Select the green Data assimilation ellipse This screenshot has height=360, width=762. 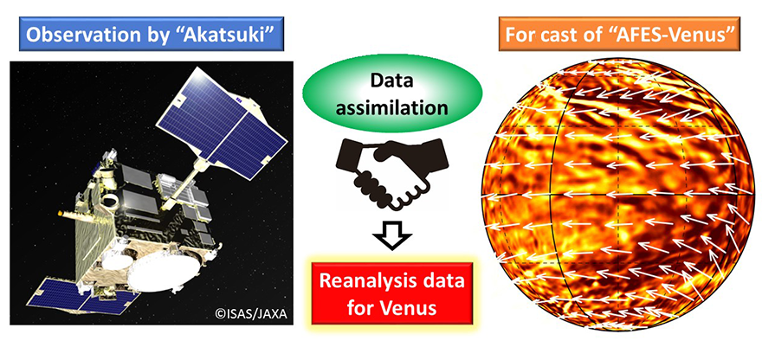coord(392,94)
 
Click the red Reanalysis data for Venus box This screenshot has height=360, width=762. coord(392,293)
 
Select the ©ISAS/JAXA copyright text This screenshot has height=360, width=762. coord(251,314)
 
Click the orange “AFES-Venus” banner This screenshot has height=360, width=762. coord(618,34)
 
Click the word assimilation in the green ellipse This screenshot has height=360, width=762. coord(392,106)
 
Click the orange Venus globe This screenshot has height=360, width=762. coord(618,196)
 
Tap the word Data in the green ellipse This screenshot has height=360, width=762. coord(392,80)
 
